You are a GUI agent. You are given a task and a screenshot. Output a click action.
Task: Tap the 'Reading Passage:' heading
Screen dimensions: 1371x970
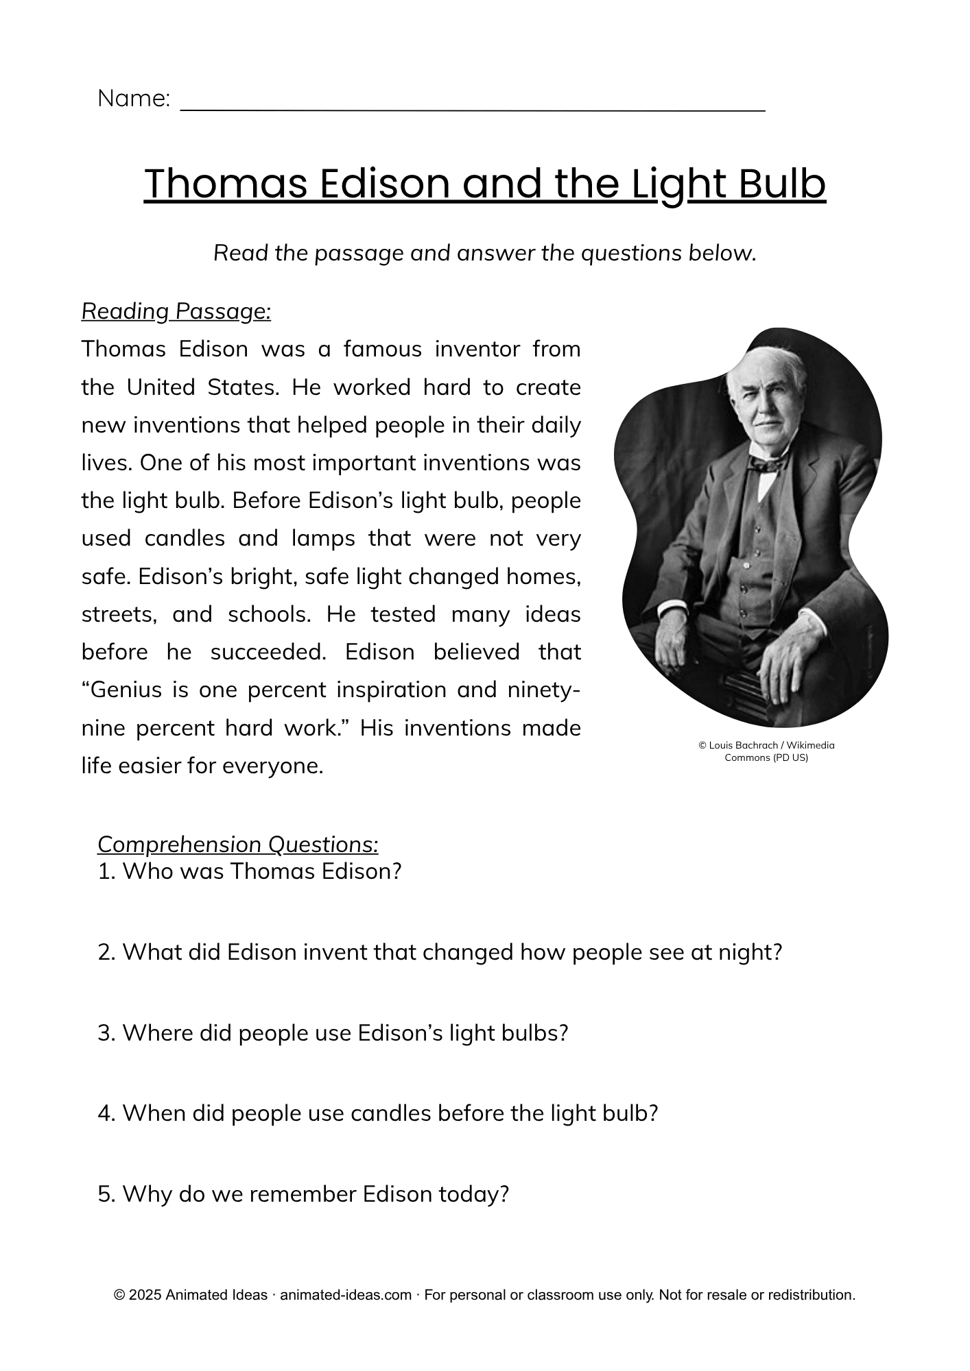pyautogui.click(x=176, y=311)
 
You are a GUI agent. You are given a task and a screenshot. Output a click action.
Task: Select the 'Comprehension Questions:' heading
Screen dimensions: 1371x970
pyautogui.click(x=237, y=844)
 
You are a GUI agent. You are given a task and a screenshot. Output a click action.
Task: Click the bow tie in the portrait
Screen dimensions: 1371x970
pyautogui.click(x=766, y=464)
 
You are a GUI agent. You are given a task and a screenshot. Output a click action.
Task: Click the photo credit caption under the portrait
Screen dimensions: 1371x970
pyautogui.click(x=766, y=751)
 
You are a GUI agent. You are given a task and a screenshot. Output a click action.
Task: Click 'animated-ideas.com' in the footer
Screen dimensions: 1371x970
pyautogui.click(x=346, y=1295)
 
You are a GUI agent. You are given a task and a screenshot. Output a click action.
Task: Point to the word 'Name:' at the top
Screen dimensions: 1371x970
pyautogui.click(x=134, y=99)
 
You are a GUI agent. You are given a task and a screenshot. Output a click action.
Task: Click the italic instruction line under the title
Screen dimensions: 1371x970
pyautogui.click(x=484, y=253)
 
